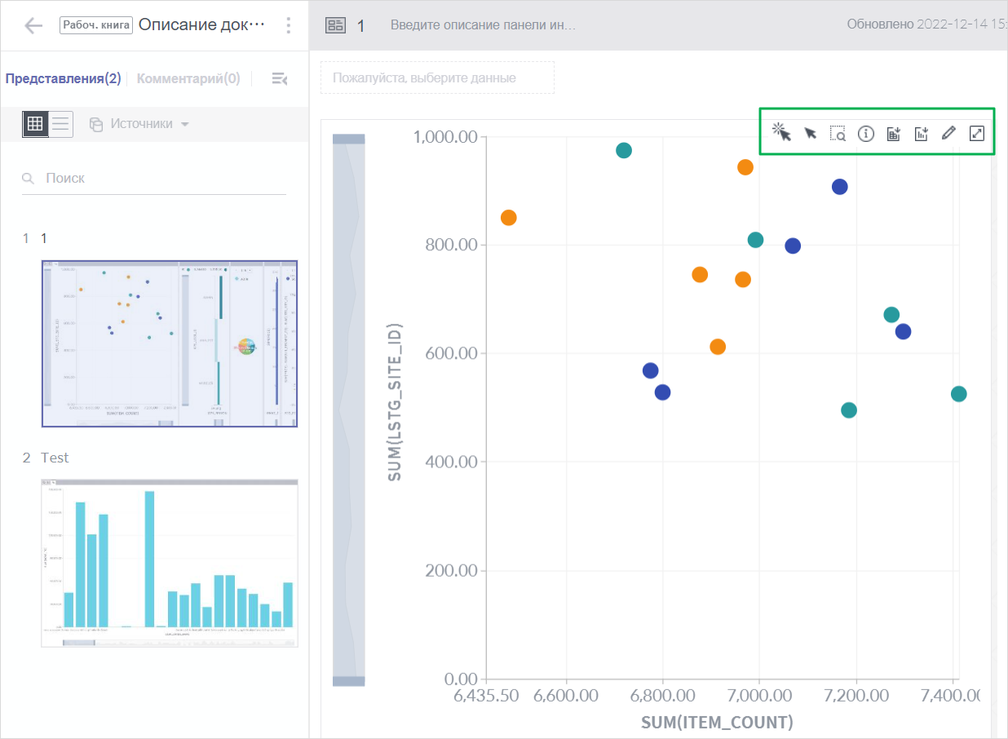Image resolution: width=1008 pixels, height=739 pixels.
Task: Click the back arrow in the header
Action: (33, 25)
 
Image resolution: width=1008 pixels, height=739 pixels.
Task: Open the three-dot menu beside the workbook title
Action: (288, 25)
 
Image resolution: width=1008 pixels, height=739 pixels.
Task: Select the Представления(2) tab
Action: (63, 78)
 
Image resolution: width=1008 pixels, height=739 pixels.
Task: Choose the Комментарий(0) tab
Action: (188, 78)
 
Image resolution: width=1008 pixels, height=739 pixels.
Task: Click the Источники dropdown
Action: (139, 124)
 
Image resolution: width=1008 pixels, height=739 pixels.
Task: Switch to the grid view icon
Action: (35, 124)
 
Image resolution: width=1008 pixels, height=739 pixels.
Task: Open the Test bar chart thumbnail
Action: (170, 564)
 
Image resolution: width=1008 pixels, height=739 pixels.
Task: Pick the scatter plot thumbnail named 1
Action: (170, 343)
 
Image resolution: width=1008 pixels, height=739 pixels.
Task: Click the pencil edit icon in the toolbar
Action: (948, 134)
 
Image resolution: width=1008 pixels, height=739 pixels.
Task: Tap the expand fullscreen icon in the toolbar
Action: (976, 134)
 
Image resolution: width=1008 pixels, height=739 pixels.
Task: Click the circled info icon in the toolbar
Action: (865, 134)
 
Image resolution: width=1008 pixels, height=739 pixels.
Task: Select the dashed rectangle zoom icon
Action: (838, 134)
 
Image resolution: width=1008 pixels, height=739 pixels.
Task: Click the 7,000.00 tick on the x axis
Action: (759, 698)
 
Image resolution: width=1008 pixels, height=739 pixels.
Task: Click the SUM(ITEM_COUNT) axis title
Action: (717, 722)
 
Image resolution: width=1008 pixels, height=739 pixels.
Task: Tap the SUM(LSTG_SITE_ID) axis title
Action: (395, 404)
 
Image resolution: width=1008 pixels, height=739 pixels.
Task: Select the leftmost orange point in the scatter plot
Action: (508, 218)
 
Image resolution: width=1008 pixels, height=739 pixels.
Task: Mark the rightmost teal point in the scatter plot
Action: (958, 394)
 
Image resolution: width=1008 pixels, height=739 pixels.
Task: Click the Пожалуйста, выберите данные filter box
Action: (437, 77)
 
